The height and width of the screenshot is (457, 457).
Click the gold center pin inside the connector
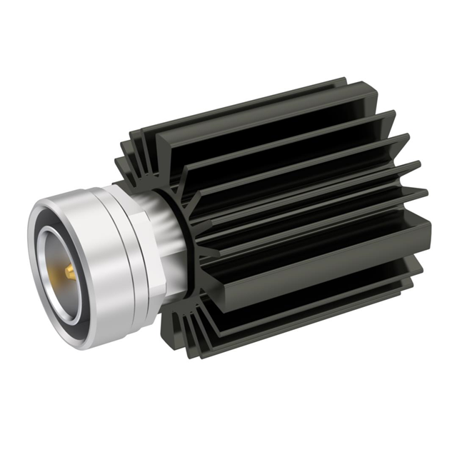point(69,272)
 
